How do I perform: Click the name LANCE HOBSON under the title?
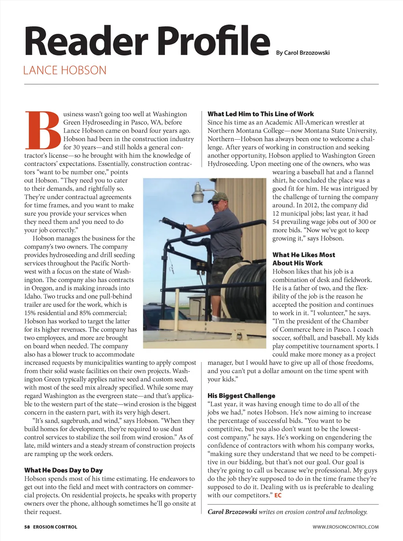pos(65,70)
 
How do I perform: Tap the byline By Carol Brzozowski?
pos(303,53)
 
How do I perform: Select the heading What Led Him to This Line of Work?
pos(261,114)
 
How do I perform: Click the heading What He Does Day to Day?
pos(63,470)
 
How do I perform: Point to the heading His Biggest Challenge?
pos(241,396)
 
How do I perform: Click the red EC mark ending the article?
pos(278,495)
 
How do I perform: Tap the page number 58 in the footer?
pos(27,527)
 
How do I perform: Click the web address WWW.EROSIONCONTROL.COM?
pos(346,527)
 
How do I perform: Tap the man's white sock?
pos(216,318)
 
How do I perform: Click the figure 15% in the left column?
pos(32,313)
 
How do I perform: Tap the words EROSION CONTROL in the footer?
pos(55,527)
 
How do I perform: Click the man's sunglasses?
pos(216,201)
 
